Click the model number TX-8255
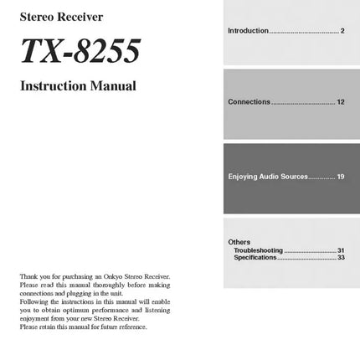coord(80,52)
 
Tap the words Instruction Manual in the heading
coord(78,86)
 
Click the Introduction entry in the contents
coord(248,31)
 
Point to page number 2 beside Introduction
coord(342,31)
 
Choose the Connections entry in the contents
coord(249,102)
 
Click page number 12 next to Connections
coord(341,102)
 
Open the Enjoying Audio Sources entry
coord(268,177)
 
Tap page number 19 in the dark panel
coord(341,177)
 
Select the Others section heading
coord(239,242)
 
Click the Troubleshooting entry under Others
coord(258,250)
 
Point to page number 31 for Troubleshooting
coord(341,250)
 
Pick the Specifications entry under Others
coord(255,257)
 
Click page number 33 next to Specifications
coord(341,257)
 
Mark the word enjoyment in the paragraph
coord(34,318)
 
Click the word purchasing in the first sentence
coord(80,276)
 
